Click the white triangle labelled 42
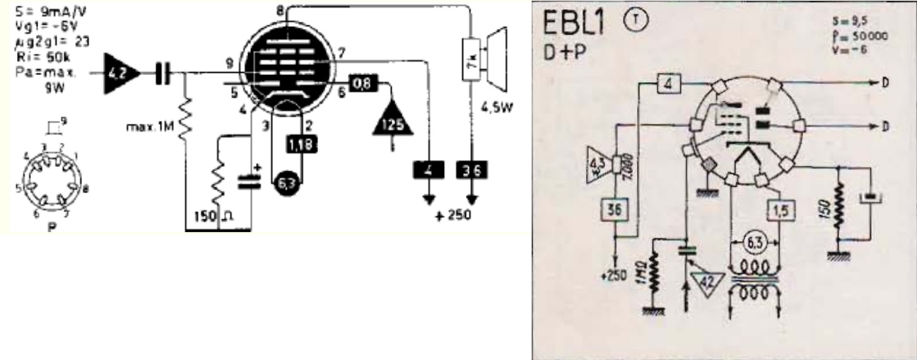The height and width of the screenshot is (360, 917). click(705, 280)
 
